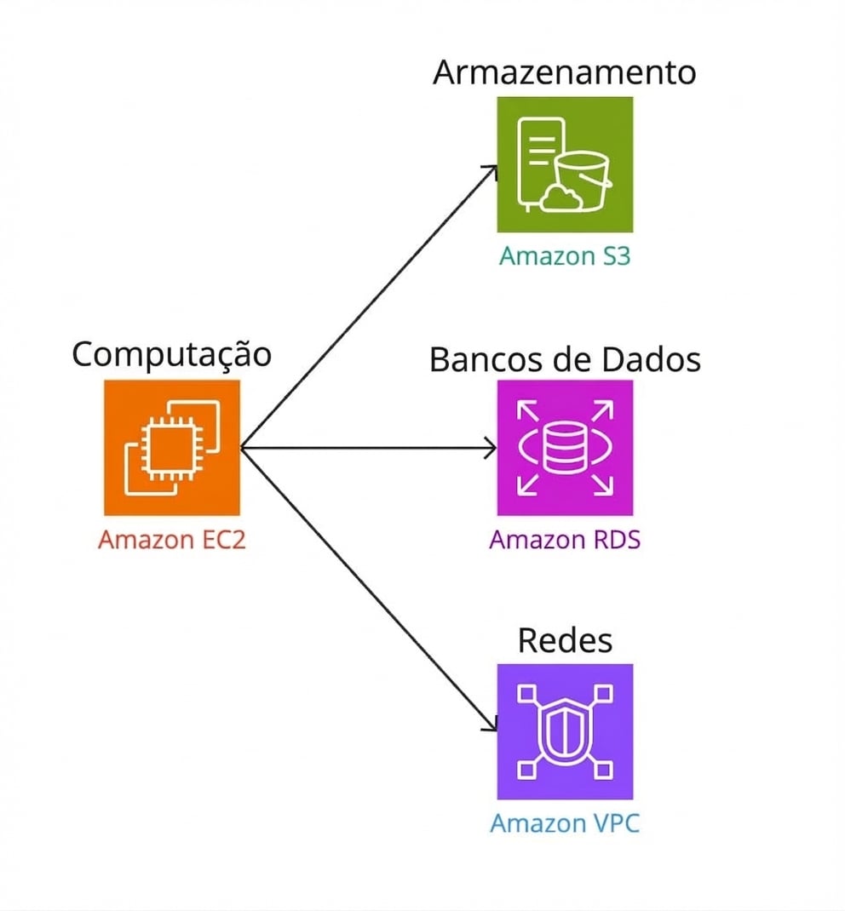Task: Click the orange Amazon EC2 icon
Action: click(172, 448)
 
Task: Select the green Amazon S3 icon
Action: click(565, 164)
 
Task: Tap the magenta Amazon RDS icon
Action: click(565, 448)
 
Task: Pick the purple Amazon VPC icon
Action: click(565, 731)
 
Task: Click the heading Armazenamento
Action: click(565, 72)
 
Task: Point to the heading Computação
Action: click(172, 354)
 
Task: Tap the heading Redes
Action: click(565, 640)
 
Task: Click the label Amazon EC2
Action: click(172, 540)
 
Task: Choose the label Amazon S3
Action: click(565, 255)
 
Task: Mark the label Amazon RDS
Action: click(565, 540)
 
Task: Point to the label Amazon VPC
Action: click(565, 823)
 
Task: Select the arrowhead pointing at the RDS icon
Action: click(491, 448)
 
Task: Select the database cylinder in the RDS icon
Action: click(565, 448)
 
